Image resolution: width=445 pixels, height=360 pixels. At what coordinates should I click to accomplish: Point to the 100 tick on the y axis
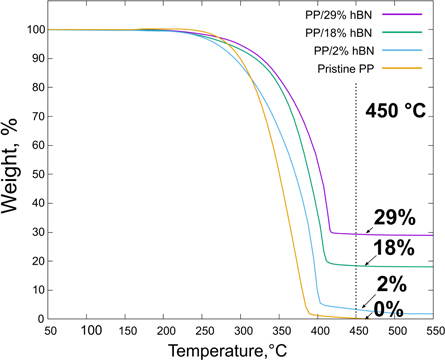(x=33, y=30)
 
